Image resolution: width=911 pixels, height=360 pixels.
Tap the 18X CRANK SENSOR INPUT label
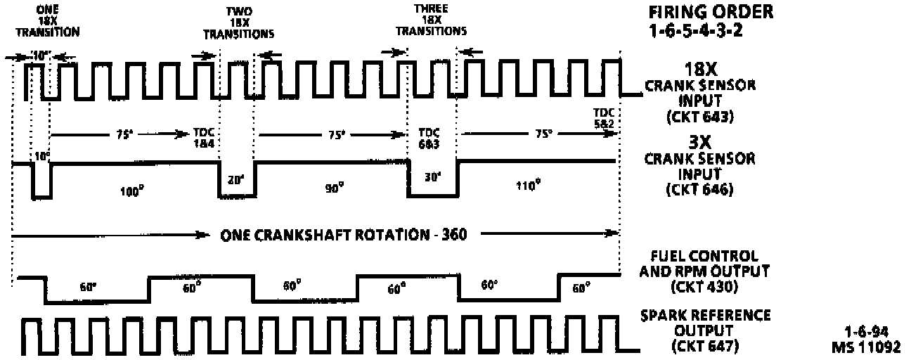(700, 86)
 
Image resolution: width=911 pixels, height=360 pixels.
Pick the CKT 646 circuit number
(700, 190)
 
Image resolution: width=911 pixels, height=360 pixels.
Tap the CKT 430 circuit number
(700, 287)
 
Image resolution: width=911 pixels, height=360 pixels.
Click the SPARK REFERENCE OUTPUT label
(705, 323)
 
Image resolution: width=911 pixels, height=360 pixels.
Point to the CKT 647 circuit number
(700, 346)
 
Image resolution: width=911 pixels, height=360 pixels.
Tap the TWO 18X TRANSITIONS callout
(238, 23)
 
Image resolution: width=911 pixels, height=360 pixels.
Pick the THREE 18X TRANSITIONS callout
(431, 21)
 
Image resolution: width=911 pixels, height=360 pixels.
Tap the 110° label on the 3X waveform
(529, 186)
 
